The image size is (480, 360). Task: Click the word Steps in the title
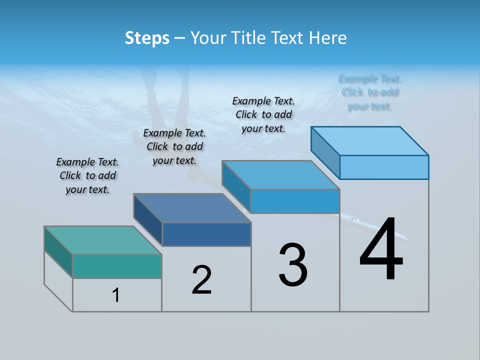click(x=147, y=38)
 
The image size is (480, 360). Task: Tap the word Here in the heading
click(x=327, y=38)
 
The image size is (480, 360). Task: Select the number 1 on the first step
click(x=116, y=295)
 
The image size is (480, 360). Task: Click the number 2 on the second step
click(x=201, y=280)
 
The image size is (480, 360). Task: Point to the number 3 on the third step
click(x=293, y=265)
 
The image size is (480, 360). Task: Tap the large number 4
click(x=381, y=249)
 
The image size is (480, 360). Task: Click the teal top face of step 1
click(x=103, y=240)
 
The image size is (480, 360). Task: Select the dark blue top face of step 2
click(x=192, y=207)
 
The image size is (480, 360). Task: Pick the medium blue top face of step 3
click(x=281, y=175)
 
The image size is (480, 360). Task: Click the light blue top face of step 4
click(x=370, y=141)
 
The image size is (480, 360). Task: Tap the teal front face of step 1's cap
click(x=117, y=266)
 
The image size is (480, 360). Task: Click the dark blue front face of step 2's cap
click(x=206, y=234)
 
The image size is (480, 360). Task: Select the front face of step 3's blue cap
click(x=295, y=201)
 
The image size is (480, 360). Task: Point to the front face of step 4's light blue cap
click(x=384, y=167)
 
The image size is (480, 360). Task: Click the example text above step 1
click(x=87, y=175)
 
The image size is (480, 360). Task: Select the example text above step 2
click(x=174, y=146)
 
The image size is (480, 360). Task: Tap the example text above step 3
click(x=263, y=114)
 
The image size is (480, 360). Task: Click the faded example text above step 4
click(x=370, y=92)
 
